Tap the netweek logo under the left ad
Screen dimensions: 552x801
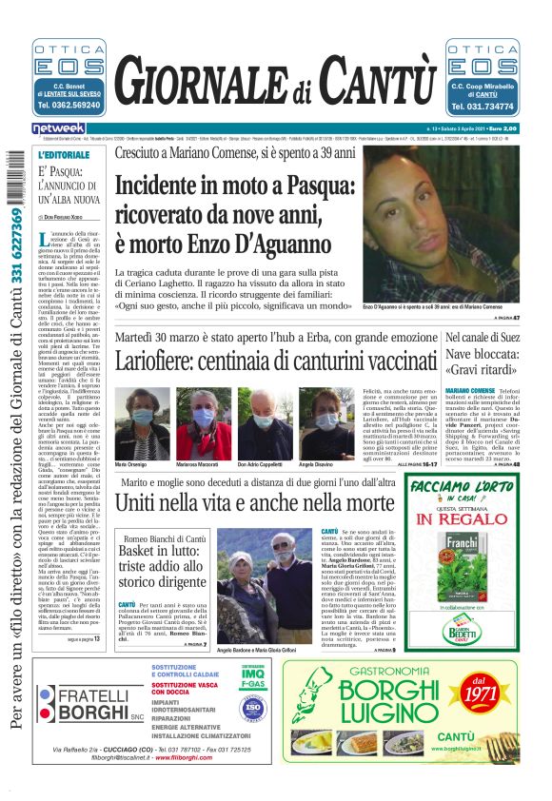tap(58, 128)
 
